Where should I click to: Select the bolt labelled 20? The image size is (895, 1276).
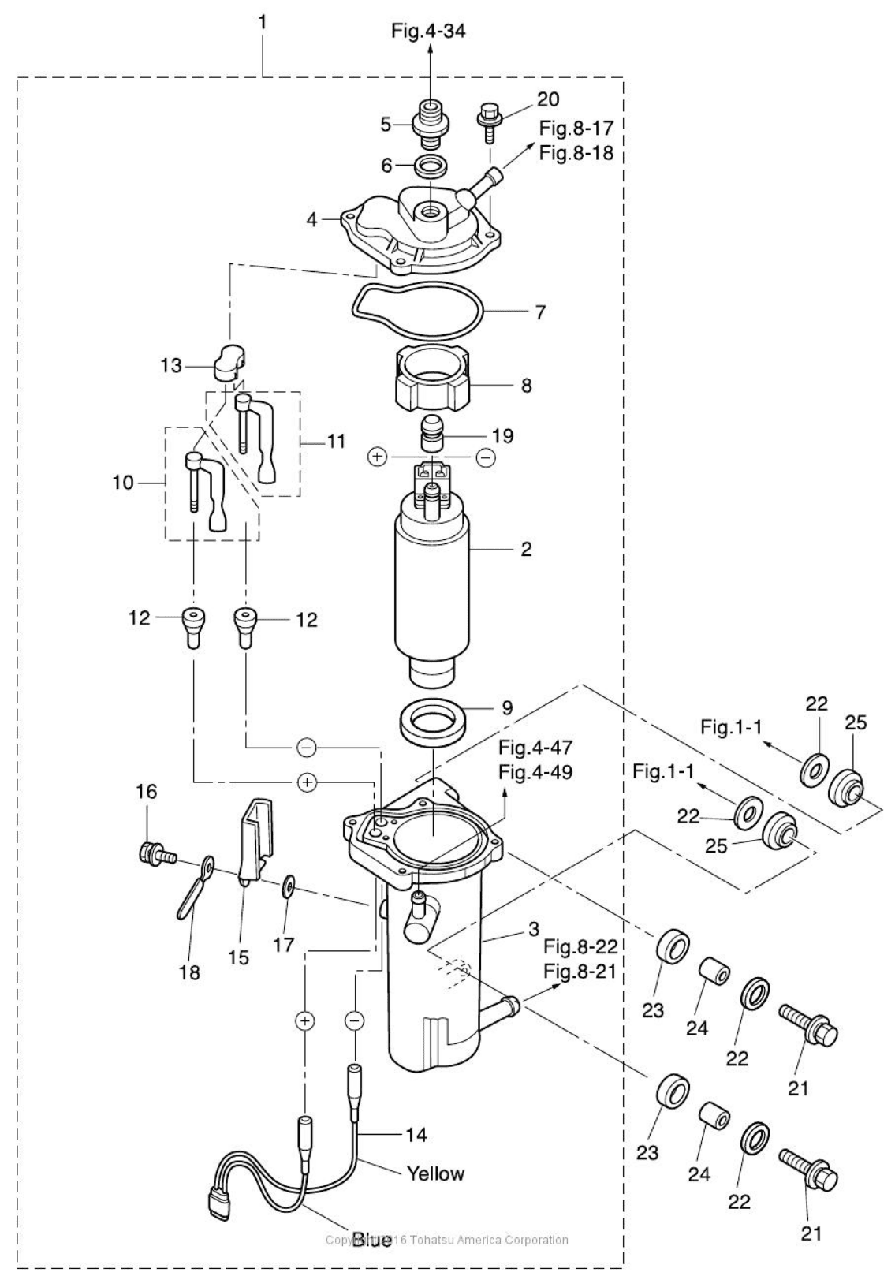click(486, 121)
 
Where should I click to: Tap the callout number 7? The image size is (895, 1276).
click(539, 312)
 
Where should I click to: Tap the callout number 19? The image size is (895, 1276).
click(502, 435)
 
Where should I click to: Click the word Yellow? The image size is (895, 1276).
click(435, 1173)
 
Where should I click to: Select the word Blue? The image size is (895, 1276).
click(371, 1241)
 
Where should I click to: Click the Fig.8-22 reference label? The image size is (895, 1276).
click(581, 946)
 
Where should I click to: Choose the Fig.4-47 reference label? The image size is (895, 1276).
click(535, 747)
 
